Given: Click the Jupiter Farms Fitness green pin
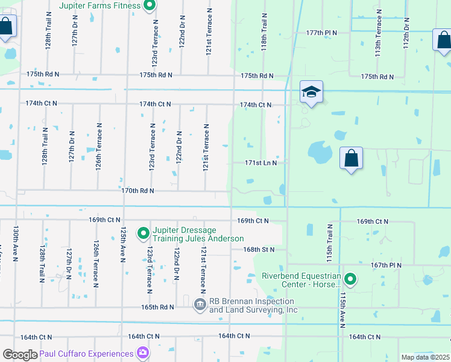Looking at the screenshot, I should pos(151,6).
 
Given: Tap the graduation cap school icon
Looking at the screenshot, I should pos(311,92).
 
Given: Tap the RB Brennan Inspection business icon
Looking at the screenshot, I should pos(201,305).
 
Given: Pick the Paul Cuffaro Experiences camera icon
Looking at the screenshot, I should pos(143,352).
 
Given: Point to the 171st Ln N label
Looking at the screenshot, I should pos(260,163).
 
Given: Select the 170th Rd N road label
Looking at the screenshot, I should pos(137,191).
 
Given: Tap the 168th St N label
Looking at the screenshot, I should pos(259,249).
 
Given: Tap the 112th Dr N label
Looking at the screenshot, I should pos(407,33).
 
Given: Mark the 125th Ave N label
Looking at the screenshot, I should pos(123,244).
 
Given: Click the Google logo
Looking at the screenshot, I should pos(20,354).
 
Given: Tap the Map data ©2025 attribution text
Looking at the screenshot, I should pos(424,357).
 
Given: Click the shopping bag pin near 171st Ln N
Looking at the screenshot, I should pos(351,159).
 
